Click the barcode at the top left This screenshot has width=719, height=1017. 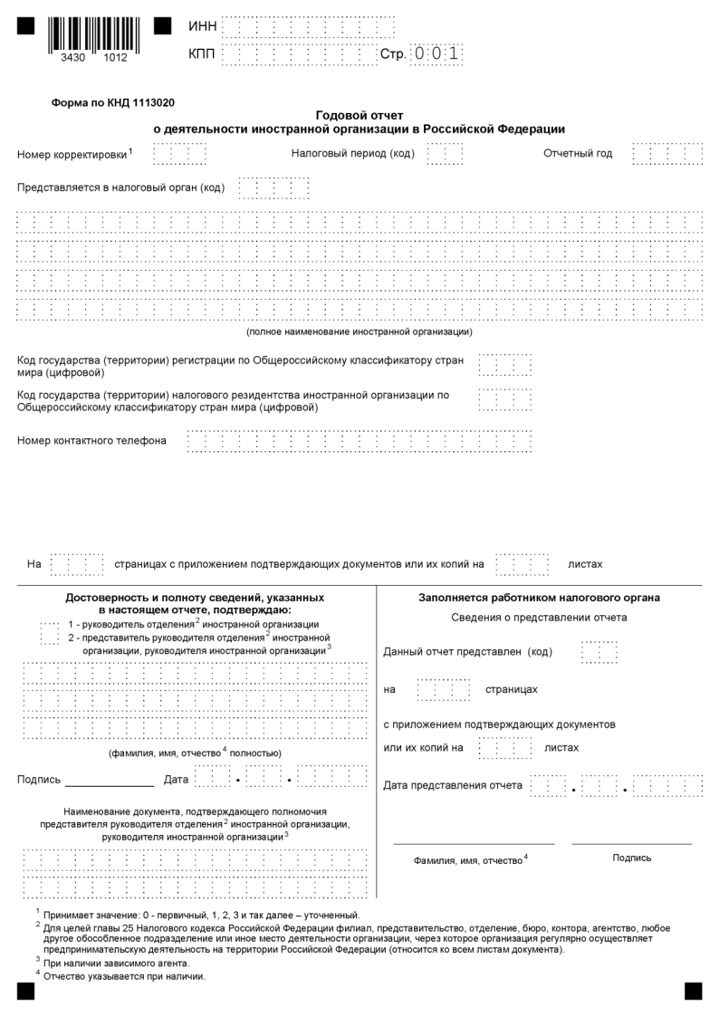pyautogui.click(x=94, y=34)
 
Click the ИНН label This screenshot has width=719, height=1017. pyautogui.click(x=202, y=26)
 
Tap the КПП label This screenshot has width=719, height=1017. pyautogui.click(x=202, y=55)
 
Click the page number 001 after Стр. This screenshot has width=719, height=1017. pyautogui.click(x=437, y=54)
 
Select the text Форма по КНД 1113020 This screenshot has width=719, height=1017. pyautogui.click(x=113, y=103)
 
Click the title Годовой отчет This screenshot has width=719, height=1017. pyautogui.click(x=359, y=116)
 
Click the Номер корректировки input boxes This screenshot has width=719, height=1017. pyautogui.click(x=179, y=154)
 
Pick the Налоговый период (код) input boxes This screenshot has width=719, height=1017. pyautogui.click(x=445, y=154)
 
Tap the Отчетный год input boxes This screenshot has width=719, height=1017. pyautogui.click(x=667, y=154)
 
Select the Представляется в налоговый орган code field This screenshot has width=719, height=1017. pyautogui.click(x=273, y=187)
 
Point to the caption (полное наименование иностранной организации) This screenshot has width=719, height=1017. pyautogui.click(x=359, y=331)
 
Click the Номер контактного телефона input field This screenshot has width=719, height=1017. pyautogui.click(x=359, y=441)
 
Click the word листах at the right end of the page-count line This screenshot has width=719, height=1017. pyautogui.click(x=585, y=564)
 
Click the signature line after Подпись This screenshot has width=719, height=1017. pyautogui.click(x=110, y=780)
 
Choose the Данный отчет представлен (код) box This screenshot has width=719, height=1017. pyautogui.click(x=599, y=652)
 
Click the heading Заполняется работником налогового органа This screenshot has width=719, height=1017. pyautogui.click(x=539, y=598)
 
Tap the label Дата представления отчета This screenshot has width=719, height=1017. pyautogui.click(x=453, y=785)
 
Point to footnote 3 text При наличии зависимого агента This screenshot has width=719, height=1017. pyautogui.click(x=116, y=963)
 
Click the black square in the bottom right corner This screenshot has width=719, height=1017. pyautogui.click(x=693, y=990)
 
